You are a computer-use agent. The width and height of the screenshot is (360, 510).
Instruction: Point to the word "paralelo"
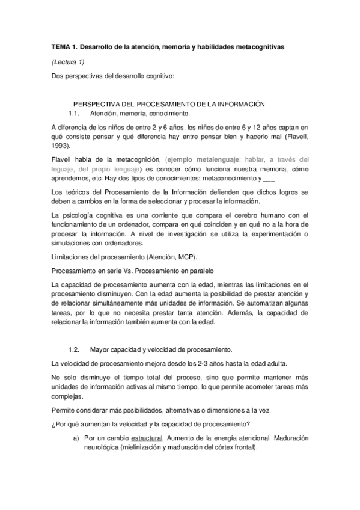(198, 271)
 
